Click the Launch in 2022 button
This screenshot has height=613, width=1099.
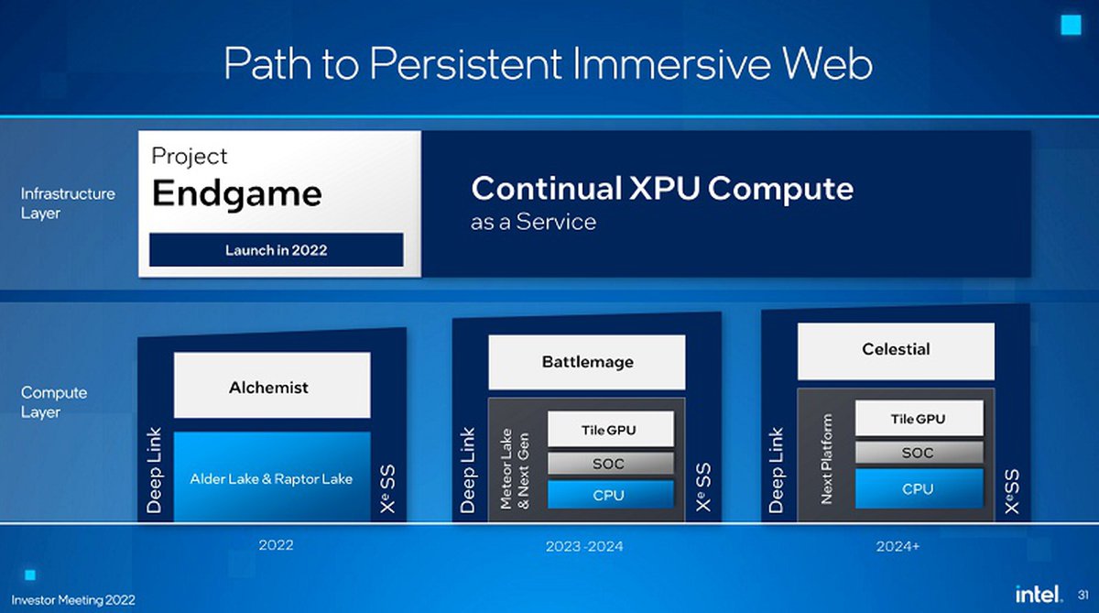[x=277, y=250]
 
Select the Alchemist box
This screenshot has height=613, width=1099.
[x=272, y=385]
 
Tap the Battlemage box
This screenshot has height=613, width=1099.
[x=587, y=362]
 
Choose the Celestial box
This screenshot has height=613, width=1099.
[x=896, y=351]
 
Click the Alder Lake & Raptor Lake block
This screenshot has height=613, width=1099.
[x=272, y=476]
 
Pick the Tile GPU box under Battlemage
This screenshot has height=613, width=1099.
[x=611, y=430]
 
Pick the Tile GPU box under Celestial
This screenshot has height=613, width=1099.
[x=919, y=418]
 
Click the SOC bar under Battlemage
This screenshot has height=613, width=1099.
[x=611, y=464]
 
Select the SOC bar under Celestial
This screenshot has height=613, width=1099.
[x=919, y=452]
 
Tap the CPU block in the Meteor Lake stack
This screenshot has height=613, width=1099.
[x=611, y=494]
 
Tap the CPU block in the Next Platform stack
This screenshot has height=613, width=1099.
[x=919, y=488]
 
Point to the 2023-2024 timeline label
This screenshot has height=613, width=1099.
[x=584, y=546]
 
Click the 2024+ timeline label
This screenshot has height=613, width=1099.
[x=898, y=546]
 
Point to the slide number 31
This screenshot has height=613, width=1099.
[x=1083, y=595]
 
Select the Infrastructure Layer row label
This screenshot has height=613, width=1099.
[x=68, y=203]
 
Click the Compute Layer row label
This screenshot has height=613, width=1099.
[x=54, y=402]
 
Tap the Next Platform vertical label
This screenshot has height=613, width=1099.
[x=827, y=459]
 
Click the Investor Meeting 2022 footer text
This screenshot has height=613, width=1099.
[x=73, y=600]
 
